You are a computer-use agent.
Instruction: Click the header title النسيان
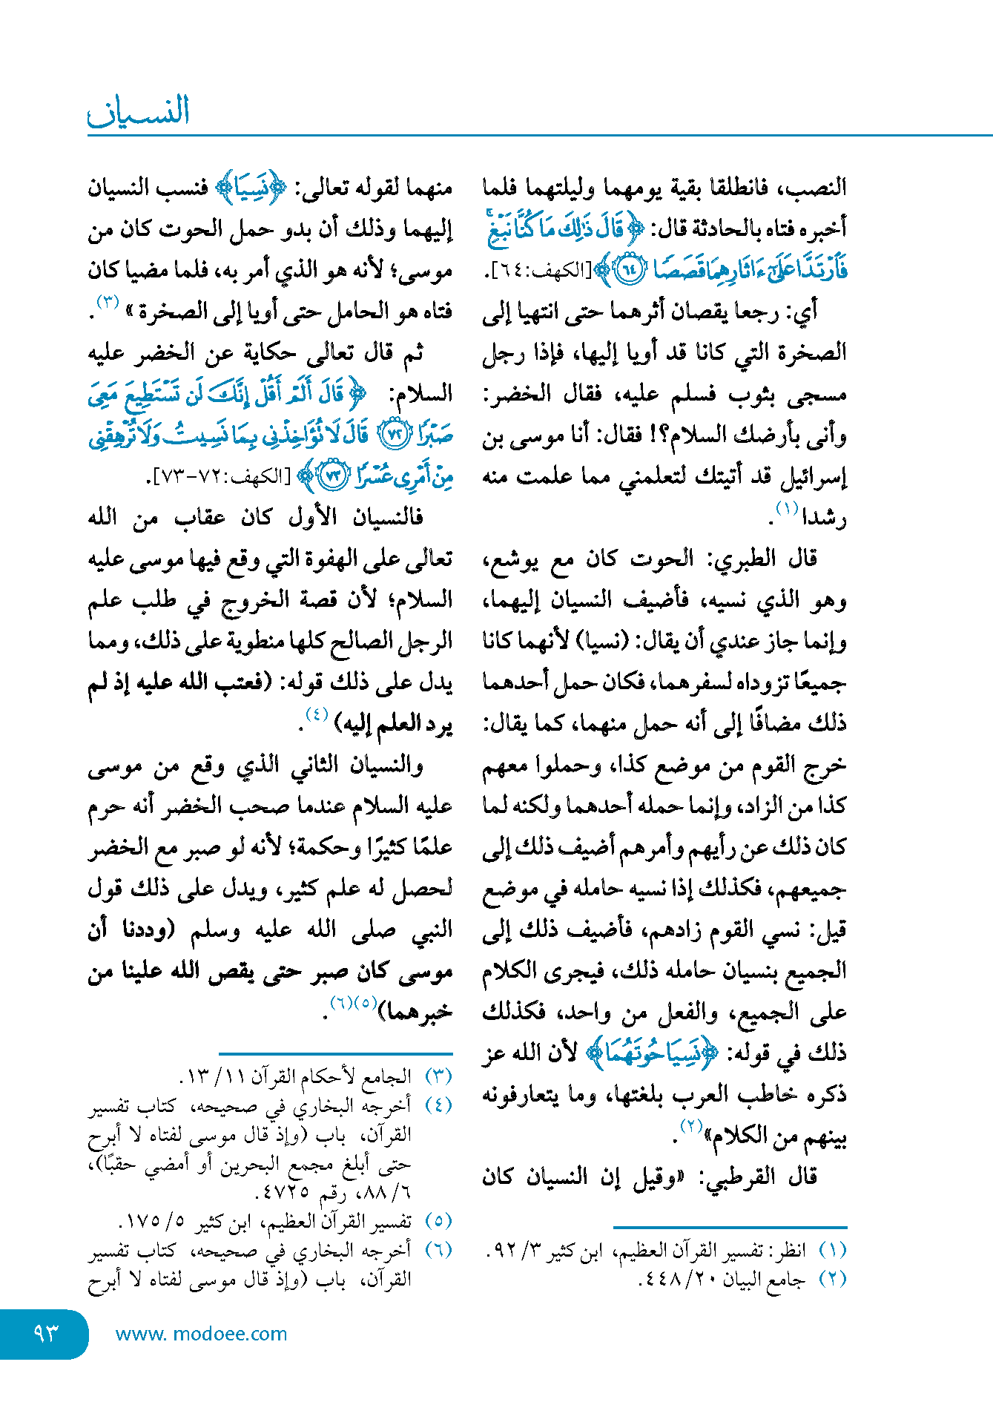[x=139, y=111]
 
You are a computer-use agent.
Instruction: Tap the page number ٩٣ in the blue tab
[x=46, y=1333]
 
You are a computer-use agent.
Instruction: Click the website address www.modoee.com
[x=201, y=1334]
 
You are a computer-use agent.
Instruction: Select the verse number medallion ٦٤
[x=628, y=270]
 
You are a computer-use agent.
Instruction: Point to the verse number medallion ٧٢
[x=393, y=435]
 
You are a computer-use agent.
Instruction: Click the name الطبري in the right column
[x=745, y=559]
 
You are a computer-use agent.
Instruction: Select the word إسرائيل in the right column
[x=814, y=476]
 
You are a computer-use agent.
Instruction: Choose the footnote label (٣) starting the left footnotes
[x=438, y=1076]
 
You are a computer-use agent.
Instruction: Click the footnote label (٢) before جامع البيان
[x=832, y=1280]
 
